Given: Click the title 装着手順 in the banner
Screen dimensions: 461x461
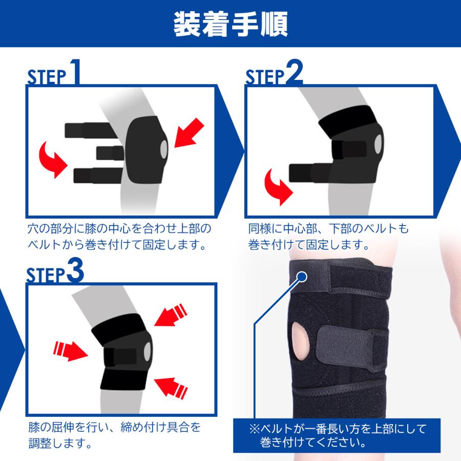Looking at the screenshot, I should tap(230, 23).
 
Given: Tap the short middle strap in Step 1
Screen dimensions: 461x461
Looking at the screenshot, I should tap(110, 153).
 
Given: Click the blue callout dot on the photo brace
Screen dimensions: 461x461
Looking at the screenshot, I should tap(302, 277).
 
